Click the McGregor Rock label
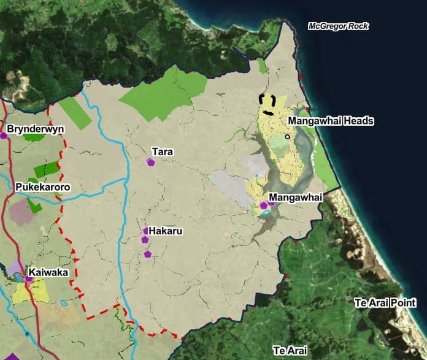pyautogui.click(x=339, y=26)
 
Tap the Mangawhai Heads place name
pyautogui.click(x=331, y=121)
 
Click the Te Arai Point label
pyautogui.click(x=385, y=303)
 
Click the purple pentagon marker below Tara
pyautogui.click(x=150, y=162)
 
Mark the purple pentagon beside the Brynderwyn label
pyautogui.click(x=4, y=136)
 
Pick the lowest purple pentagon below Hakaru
pyautogui.click(x=147, y=254)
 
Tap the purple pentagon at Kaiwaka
pyautogui.click(x=29, y=279)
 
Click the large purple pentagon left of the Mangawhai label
pyautogui.click(x=264, y=205)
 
